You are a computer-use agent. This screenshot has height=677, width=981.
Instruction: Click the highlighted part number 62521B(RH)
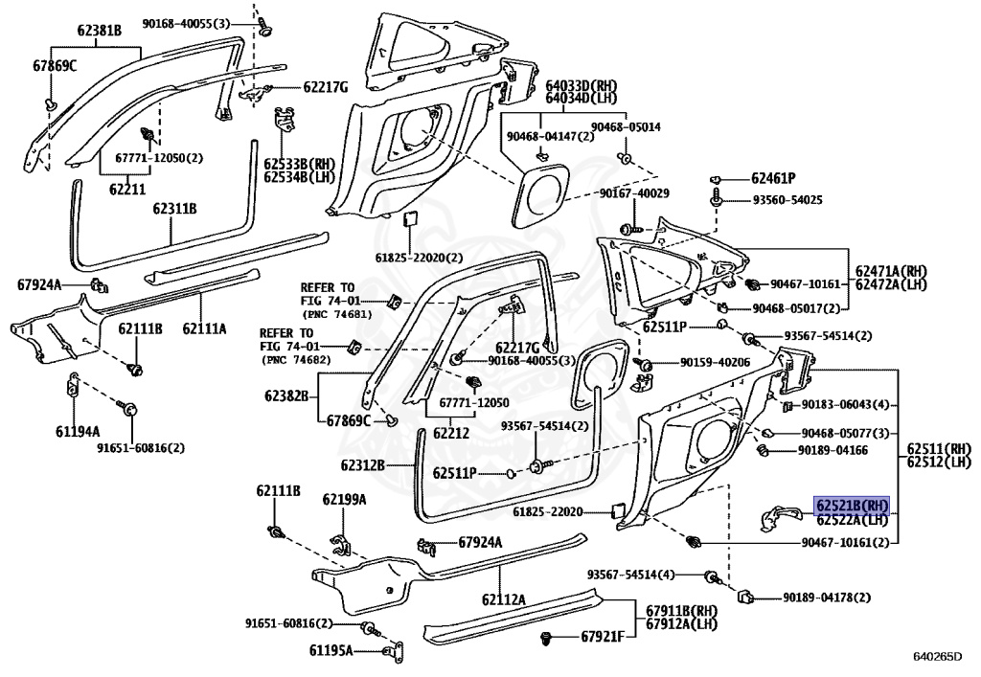[852, 505]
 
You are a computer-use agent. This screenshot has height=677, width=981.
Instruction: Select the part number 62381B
[100, 30]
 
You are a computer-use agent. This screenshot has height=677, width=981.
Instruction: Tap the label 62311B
[174, 208]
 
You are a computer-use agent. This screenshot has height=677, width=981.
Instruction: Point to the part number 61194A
[78, 431]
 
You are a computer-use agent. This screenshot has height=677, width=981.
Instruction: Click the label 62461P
[773, 179]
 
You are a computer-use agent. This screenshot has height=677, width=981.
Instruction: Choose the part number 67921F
[603, 637]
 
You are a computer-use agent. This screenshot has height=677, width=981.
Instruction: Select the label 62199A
[344, 499]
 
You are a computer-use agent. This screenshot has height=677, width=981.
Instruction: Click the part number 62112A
[504, 600]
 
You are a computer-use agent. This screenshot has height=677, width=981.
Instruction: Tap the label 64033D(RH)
[582, 85]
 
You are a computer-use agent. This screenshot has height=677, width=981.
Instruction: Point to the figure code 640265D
[937, 656]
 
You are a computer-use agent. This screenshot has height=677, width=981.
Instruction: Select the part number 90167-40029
[634, 193]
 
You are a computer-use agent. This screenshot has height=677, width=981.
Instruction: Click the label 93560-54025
[787, 200]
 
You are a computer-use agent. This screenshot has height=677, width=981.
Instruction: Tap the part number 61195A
[331, 651]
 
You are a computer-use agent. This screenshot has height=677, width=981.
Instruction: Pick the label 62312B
[363, 465]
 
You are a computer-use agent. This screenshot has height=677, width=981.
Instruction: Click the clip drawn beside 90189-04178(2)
[744, 596]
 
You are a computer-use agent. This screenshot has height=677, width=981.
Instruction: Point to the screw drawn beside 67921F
[547, 639]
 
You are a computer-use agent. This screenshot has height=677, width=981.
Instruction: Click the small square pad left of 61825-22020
[618, 510]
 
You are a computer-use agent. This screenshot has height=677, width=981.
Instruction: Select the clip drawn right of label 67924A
[101, 285]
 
